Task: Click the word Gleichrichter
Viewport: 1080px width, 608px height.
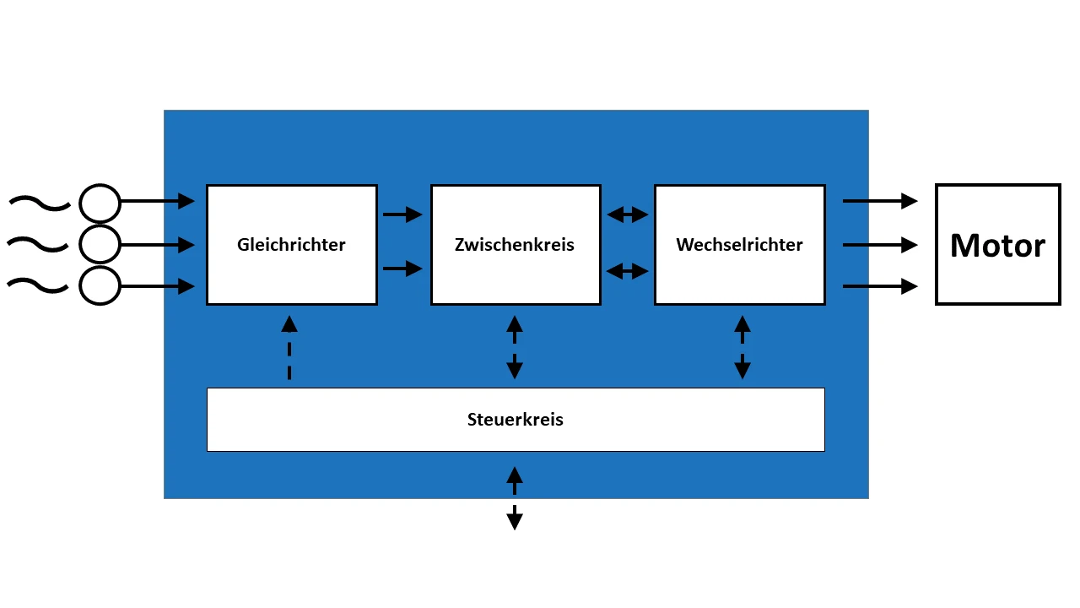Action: [x=291, y=245]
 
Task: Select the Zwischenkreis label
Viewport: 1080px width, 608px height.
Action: [x=514, y=245]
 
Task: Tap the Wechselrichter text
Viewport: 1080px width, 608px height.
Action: [x=739, y=245]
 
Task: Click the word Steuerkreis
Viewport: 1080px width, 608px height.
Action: [x=515, y=420]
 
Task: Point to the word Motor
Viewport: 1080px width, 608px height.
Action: [x=997, y=246]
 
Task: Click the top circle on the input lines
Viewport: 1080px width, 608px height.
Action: [x=100, y=204]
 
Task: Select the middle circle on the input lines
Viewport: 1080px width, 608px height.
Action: [x=100, y=245]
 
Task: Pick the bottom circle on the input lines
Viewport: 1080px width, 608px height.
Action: [x=100, y=285]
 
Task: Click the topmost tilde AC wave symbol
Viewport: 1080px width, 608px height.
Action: [x=39, y=203]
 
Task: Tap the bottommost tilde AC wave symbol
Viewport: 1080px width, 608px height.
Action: [x=39, y=286]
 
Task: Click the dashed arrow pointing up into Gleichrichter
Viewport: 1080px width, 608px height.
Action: [x=289, y=347]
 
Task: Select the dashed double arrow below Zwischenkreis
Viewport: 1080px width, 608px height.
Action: [x=515, y=347]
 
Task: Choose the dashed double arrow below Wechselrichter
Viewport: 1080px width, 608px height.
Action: [x=742, y=347]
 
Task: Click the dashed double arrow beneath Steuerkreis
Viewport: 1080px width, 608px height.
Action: [x=515, y=497]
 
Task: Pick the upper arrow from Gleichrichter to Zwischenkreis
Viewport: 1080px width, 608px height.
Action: [x=402, y=214]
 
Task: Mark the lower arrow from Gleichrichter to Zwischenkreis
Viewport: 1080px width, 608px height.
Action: [x=402, y=269]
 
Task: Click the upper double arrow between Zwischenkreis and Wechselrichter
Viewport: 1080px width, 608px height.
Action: [x=628, y=214]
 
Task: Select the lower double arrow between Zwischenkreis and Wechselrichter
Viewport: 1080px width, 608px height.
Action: [x=628, y=271]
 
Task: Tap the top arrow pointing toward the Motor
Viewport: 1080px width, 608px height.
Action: [x=880, y=201]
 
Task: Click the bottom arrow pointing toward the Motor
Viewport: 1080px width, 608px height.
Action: [x=880, y=287]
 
